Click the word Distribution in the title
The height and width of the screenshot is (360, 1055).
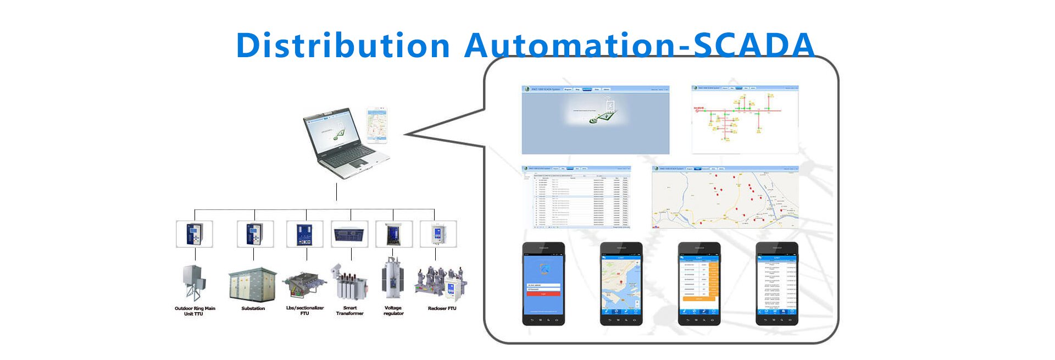click(x=343, y=45)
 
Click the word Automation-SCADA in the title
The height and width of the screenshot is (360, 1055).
click(x=639, y=45)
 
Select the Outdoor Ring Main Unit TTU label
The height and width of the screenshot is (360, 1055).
click(x=195, y=311)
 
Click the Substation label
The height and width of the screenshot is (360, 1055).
click(x=253, y=308)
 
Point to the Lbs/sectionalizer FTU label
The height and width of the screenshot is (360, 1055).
click(x=305, y=311)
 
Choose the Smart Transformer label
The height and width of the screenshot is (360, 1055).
click(x=350, y=311)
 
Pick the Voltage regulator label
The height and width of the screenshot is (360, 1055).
click(x=393, y=311)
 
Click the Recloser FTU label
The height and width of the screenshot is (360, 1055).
click(x=442, y=308)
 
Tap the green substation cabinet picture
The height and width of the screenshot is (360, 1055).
click(x=253, y=284)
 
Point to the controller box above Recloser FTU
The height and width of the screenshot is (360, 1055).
click(x=438, y=234)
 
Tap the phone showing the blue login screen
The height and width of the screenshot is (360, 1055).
click(x=543, y=284)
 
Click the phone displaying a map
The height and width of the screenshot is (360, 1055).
click(x=621, y=284)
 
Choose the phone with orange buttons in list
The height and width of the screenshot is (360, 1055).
click(x=699, y=284)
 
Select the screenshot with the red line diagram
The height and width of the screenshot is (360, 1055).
click(x=745, y=119)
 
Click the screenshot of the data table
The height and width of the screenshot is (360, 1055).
click(x=576, y=197)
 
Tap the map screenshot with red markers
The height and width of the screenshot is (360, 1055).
click(x=725, y=197)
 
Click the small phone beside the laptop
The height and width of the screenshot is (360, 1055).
click(x=377, y=125)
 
